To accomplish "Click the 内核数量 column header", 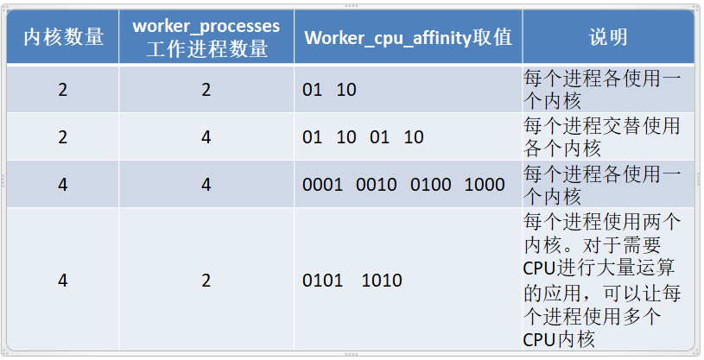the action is coord(63,37).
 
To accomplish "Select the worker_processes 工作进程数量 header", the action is coord(206,37).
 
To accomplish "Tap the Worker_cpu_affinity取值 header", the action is coord(408,37).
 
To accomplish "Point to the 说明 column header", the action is coord(608,37).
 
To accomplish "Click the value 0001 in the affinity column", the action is coord(322,185).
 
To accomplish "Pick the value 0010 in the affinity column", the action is coord(377,185).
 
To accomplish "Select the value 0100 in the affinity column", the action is coord(430,185).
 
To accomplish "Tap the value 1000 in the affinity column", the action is coord(485,185).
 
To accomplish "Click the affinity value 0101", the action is coord(322,281).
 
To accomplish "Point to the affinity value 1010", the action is coord(382,281).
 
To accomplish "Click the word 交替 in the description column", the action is coord(622,126).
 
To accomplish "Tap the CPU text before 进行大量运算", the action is coord(539,268).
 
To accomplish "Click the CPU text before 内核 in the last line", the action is coord(539,340).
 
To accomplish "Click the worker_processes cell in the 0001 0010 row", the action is coord(206,185).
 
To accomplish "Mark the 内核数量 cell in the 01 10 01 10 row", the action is coord(63,137).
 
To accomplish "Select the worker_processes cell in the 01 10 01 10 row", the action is coord(206,137).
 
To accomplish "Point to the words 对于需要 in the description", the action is coord(622,245).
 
